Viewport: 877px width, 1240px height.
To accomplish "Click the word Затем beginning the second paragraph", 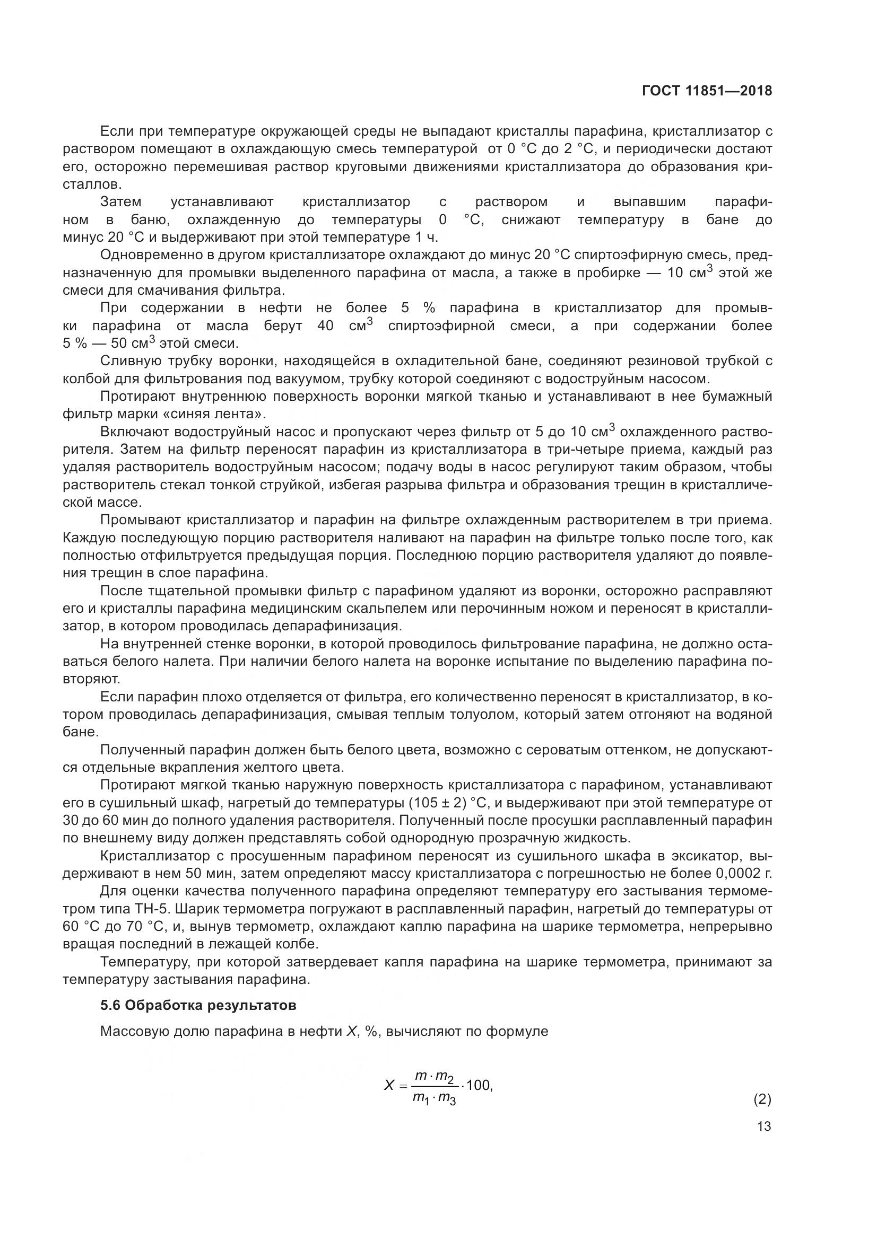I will pos(121,202).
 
